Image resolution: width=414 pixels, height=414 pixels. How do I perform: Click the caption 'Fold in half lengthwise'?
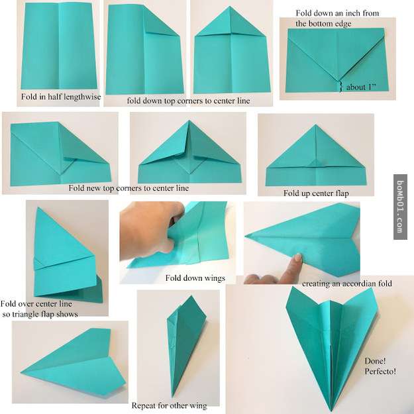pyautogui.click(x=61, y=97)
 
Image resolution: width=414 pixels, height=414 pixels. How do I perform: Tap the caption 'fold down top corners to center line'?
pyautogui.click(x=188, y=101)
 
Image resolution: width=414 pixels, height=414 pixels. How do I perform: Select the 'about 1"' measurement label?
pyautogui.click(x=360, y=87)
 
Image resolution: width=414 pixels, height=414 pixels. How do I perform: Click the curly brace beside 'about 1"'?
pyautogui.click(x=341, y=86)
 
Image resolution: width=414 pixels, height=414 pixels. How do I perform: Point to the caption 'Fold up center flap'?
pyautogui.click(x=316, y=193)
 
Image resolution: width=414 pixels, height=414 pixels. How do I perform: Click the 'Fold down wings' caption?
pyautogui.click(x=195, y=278)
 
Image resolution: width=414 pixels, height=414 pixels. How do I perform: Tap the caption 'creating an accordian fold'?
pyautogui.click(x=347, y=284)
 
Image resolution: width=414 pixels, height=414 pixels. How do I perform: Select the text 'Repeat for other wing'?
pyautogui.click(x=170, y=405)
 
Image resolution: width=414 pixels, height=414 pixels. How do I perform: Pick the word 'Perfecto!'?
pyautogui.click(x=380, y=371)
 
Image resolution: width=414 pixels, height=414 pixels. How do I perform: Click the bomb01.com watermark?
pyautogui.click(x=400, y=207)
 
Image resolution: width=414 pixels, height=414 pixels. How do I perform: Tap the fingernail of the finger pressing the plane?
pyautogui.click(x=298, y=257)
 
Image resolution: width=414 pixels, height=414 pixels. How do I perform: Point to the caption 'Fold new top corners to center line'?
pyautogui.click(x=129, y=188)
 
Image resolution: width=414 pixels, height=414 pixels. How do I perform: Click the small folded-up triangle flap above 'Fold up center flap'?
pyautogui.click(x=316, y=163)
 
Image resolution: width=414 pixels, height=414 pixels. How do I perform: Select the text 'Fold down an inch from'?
pyautogui.click(x=337, y=13)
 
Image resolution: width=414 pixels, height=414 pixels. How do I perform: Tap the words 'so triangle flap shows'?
pyautogui.click(x=40, y=314)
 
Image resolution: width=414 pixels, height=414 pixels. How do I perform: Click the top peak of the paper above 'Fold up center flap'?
pyautogui.click(x=315, y=125)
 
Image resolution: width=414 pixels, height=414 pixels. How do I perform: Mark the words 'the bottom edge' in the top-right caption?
pyautogui.click(x=323, y=23)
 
